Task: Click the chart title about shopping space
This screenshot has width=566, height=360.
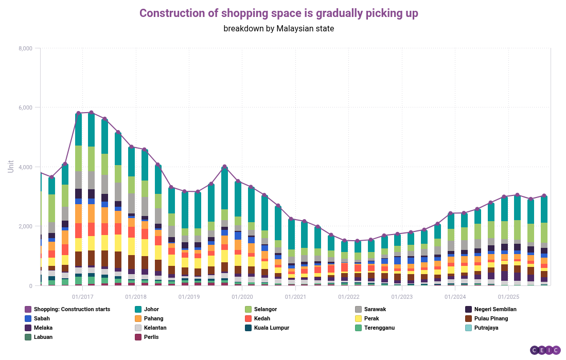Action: coord(278,13)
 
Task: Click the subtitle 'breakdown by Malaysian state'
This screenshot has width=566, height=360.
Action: coord(278,28)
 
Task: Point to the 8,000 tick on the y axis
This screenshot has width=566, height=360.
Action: coord(25,48)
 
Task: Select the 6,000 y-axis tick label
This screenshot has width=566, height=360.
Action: coord(25,107)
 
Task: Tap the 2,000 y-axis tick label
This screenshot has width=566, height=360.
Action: coord(25,226)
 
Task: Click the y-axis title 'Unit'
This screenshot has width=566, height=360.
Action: coord(11,166)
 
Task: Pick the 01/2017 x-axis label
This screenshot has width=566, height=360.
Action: coord(82,297)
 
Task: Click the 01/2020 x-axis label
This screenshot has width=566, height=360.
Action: coord(242,297)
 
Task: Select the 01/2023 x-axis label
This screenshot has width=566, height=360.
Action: coord(402,297)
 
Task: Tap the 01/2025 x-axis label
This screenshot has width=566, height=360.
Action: coord(508,297)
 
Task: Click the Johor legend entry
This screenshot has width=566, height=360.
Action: coord(152,309)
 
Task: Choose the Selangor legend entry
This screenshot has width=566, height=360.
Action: coord(264,309)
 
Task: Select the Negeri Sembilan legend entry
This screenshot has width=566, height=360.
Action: coord(494,309)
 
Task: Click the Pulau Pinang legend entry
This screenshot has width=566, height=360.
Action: coord(491,318)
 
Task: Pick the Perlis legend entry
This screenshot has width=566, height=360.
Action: coord(152,337)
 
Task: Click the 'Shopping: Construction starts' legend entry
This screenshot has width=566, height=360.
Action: coord(72,309)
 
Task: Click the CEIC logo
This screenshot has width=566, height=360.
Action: coord(545,350)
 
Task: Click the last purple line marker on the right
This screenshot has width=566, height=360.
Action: coord(544,196)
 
